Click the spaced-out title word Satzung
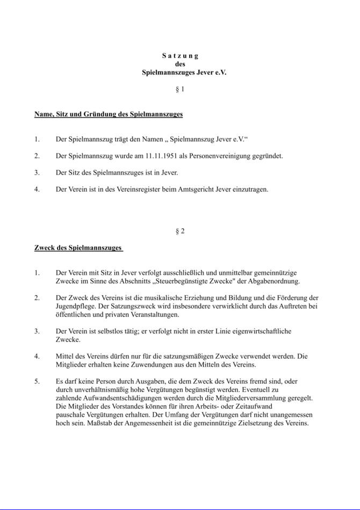click(x=180, y=55)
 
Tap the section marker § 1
click(x=180, y=89)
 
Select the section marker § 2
click(x=180, y=231)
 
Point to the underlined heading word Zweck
click(x=45, y=247)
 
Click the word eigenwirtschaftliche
click(x=261, y=331)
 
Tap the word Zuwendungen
click(x=150, y=365)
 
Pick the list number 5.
click(x=37, y=381)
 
